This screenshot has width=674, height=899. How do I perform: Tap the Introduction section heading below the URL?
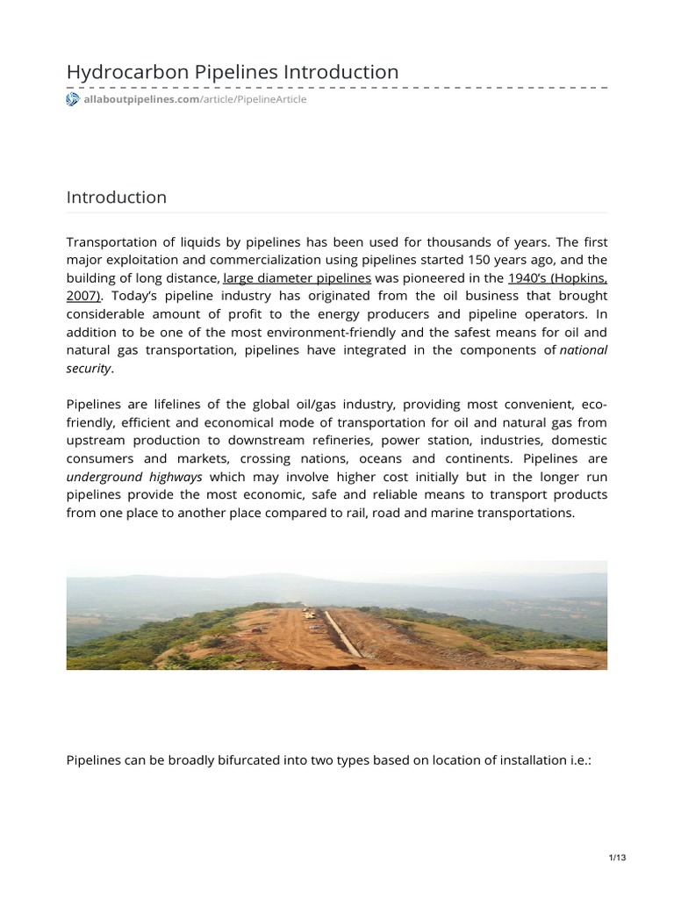click(116, 198)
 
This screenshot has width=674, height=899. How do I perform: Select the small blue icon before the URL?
click(73, 100)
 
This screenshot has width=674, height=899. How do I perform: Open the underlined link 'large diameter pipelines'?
click(297, 278)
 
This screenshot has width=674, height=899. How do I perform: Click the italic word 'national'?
click(584, 350)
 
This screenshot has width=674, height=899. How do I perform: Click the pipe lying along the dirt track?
click(341, 634)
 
